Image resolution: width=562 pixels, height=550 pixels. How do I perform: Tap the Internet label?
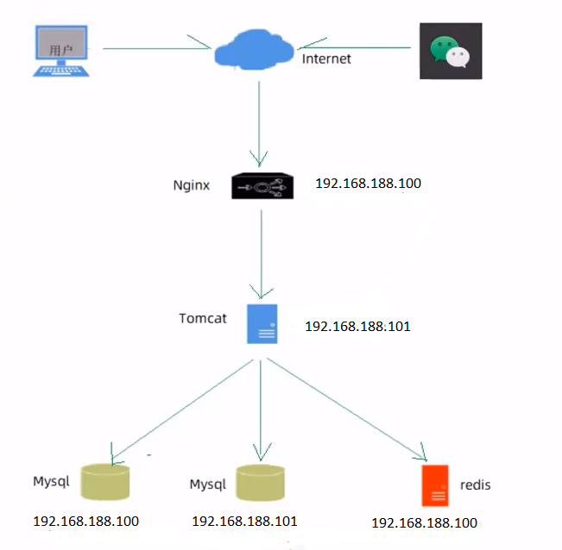(326, 59)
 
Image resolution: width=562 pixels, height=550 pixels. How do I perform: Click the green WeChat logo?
(451, 52)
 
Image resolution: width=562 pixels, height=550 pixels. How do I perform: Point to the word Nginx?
(192, 185)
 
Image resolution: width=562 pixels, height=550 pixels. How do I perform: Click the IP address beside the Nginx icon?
(368, 184)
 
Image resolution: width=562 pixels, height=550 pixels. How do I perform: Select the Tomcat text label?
(203, 318)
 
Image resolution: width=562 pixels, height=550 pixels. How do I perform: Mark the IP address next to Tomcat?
(357, 327)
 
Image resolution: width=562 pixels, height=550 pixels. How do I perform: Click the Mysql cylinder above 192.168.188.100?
(105, 483)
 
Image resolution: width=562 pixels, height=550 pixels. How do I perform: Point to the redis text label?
(475, 485)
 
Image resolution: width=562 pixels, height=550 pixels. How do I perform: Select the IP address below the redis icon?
(424, 522)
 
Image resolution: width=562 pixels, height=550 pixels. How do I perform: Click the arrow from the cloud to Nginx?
(259, 121)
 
